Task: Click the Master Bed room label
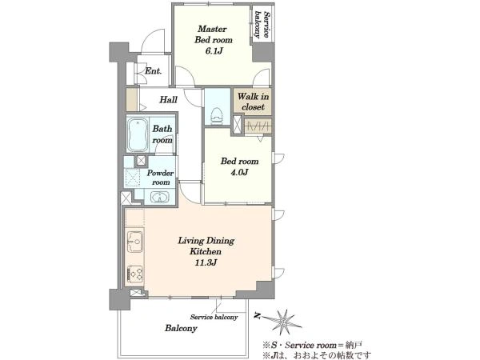coord(214,34)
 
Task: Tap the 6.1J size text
coord(214,51)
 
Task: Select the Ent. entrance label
coord(153,71)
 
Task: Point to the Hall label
coord(168,99)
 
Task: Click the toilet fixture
coord(217,116)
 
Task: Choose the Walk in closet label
coord(253,102)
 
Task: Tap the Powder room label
coord(161,178)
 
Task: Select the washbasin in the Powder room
coord(159,197)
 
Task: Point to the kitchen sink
coord(134,242)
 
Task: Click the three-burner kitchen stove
coord(134,273)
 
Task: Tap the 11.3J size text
coord(206,262)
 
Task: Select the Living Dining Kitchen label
coord(206,246)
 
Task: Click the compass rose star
coord(285,322)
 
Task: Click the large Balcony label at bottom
coord(181,329)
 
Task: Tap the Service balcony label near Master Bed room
coord(262,25)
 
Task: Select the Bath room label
coord(162,134)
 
